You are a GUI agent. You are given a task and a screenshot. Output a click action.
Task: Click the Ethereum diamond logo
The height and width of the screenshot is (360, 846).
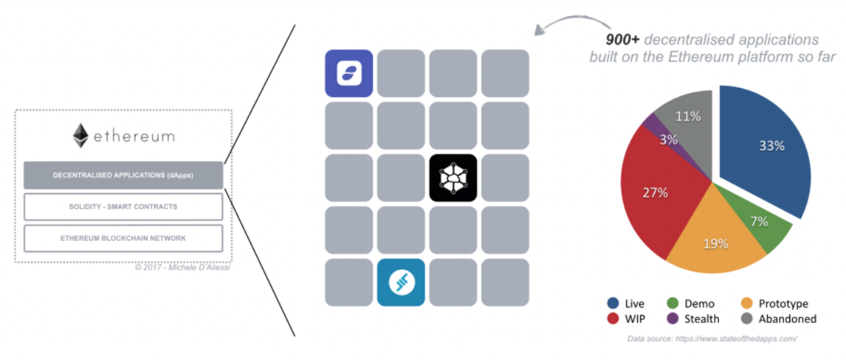tap(81, 135)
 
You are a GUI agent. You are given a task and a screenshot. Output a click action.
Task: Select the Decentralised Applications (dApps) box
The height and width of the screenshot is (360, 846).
tap(123, 175)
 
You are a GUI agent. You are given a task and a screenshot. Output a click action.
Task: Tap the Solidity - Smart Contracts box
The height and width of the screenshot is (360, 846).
tap(123, 207)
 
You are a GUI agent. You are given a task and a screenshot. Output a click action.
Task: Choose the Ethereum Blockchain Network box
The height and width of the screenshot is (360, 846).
tap(123, 238)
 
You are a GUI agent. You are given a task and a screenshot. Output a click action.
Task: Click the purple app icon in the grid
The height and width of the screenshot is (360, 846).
tap(348, 73)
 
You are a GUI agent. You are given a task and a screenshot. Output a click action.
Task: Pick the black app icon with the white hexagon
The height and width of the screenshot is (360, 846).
tap(453, 178)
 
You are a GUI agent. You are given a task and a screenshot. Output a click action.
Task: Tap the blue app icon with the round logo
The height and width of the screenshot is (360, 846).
tap(401, 282)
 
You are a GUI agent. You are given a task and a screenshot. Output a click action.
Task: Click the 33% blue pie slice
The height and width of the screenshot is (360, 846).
tap(768, 147)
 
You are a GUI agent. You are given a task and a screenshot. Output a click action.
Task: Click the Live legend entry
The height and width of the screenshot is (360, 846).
tap(625, 303)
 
